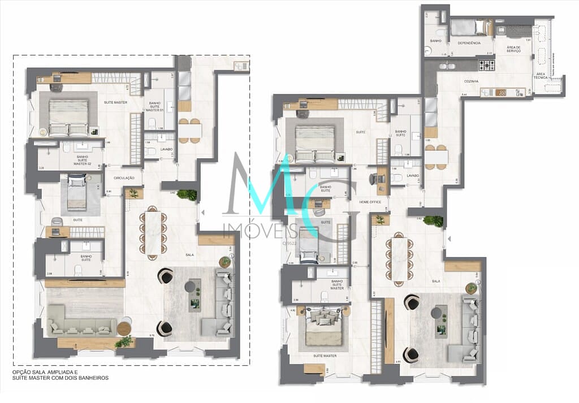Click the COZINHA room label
pyautogui.click(x=472, y=81)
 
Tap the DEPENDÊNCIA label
pyautogui.click(x=469, y=43)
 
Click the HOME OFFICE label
pyautogui.click(x=370, y=202)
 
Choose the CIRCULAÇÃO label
pyautogui.click(x=124, y=178)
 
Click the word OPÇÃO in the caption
pyautogui.click(x=21, y=372)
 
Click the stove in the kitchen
pyautogui.click(x=487, y=66)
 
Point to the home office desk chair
pyautogui.click(x=374, y=179)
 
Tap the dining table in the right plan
pyautogui.click(x=400, y=258)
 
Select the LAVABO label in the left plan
pyautogui.click(x=166, y=149)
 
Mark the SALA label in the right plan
pyautogui.click(x=435, y=280)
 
